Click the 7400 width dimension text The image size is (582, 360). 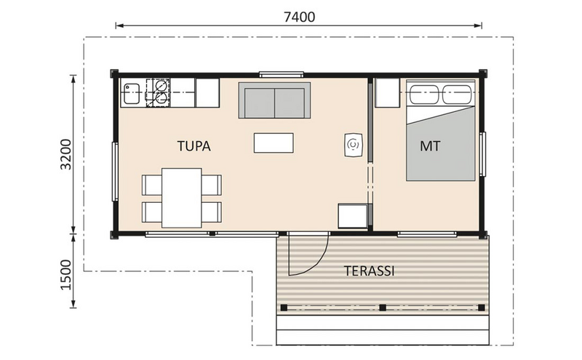tap(299, 17)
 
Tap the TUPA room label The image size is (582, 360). tap(194, 146)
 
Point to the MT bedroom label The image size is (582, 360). tap(430, 146)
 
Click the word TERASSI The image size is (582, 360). tap(369, 271)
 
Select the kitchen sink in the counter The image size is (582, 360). tap(132, 92)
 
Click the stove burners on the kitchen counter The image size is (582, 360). tap(158, 92)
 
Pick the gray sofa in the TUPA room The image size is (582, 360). tap(274, 100)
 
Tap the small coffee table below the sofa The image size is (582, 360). tap(274, 143)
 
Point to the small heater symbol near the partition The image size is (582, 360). tap(353, 145)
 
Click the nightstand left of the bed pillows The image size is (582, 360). tap(387, 92)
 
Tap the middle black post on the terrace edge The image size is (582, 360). tap(383, 307)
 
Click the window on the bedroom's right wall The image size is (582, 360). tap(482, 153)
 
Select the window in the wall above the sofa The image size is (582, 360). tap(282, 74)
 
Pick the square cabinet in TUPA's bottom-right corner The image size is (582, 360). tap(351, 216)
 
